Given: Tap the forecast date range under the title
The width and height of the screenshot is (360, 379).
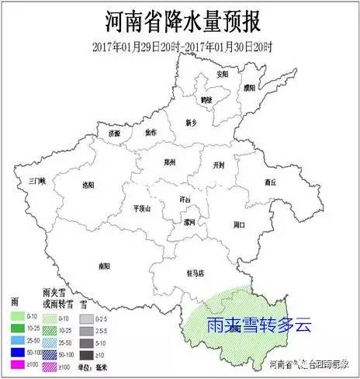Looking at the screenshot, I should tap(179, 45).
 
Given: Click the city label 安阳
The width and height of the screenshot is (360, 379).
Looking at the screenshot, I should tap(223, 75).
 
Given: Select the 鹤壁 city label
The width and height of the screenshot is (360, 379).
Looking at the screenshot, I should tap(206, 99).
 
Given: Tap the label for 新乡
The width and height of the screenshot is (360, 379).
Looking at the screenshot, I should tap(192, 123).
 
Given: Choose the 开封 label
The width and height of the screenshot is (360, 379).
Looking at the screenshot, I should tap(218, 164).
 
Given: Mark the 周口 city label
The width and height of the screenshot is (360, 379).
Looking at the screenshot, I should tap(238, 224).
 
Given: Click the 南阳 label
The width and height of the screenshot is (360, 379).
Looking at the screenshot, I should tap(103, 266).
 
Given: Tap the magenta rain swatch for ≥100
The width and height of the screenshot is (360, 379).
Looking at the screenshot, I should tap(17, 364).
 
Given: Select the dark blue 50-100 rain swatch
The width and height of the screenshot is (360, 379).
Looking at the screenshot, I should tap(17, 352).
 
